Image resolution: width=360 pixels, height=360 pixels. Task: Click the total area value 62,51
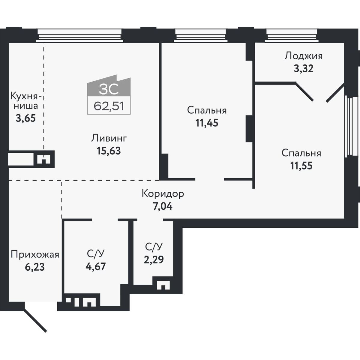click(109, 106)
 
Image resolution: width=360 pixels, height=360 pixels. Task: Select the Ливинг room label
click(109, 139)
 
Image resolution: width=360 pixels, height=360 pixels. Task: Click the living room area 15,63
click(109, 151)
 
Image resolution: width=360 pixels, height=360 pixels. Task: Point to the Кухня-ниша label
click(26, 101)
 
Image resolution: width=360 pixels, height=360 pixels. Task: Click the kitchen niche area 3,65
click(26, 118)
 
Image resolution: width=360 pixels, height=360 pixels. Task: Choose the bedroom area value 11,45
click(207, 123)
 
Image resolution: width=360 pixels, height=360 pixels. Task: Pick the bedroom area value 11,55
click(301, 166)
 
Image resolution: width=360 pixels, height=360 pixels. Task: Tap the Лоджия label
click(304, 56)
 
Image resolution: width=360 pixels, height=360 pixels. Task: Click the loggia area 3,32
click(304, 69)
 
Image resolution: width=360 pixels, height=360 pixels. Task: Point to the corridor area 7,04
click(163, 206)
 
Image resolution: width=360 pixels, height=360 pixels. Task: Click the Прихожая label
click(35, 255)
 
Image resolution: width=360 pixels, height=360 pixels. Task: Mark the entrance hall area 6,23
click(35, 267)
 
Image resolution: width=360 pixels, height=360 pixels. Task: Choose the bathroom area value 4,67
click(96, 266)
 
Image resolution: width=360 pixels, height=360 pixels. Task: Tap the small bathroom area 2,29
click(154, 259)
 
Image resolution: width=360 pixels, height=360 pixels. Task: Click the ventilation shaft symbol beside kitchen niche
click(44, 159)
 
